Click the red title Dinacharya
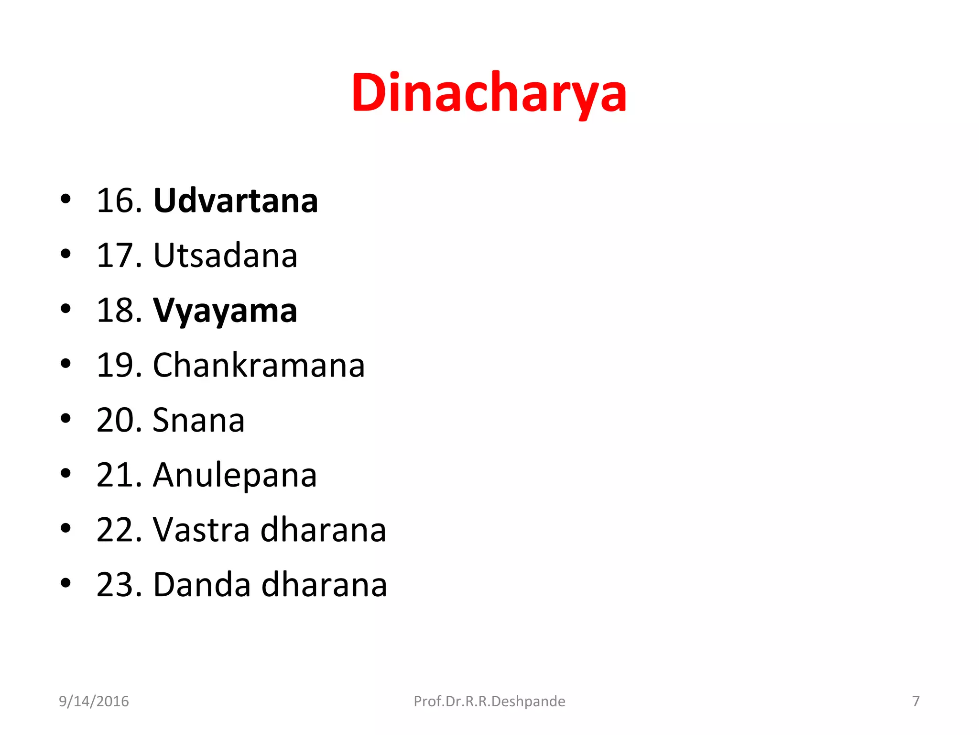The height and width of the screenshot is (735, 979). point(489,93)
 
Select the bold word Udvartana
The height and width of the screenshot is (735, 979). point(236,200)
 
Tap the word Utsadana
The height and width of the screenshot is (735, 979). point(225,256)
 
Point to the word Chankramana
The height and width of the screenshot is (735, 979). point(259,366)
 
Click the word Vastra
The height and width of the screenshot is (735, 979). point(201,530)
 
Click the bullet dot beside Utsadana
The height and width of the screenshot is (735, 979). point(66,254)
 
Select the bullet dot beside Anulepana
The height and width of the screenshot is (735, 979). point(66,474)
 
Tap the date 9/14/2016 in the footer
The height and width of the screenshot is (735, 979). point(94,702)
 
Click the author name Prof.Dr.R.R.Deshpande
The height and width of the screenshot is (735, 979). point(489,702)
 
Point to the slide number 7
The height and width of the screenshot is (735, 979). point(915,702)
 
